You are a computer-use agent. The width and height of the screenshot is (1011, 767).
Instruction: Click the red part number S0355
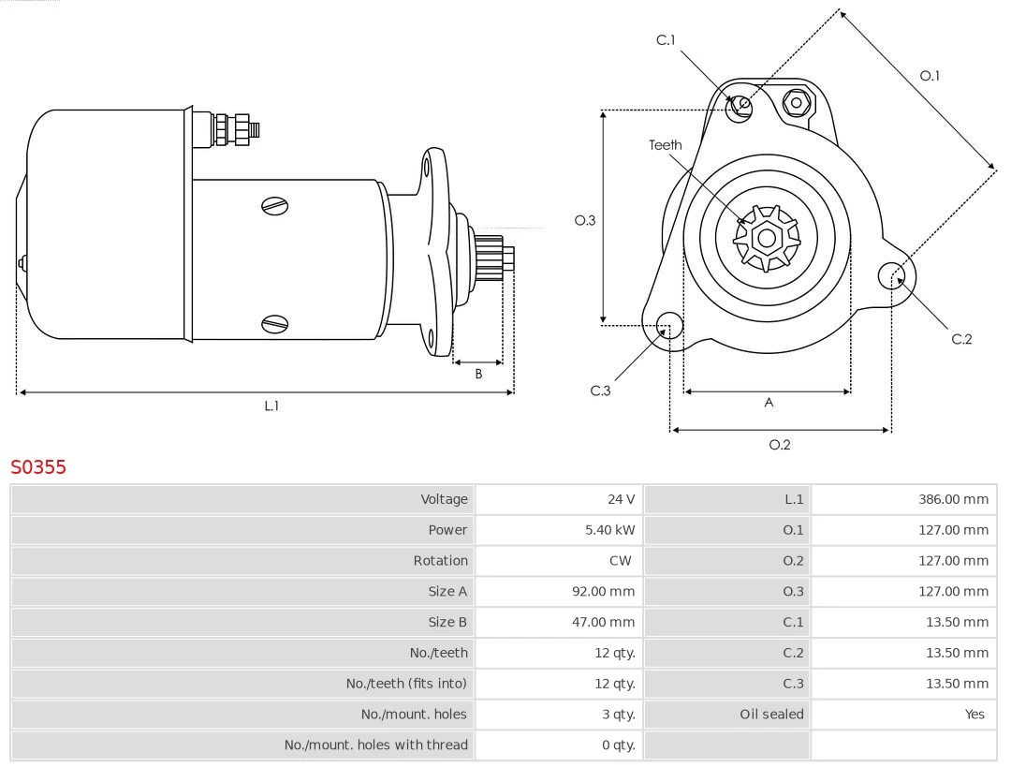pyautogui.click(x=38, y=466)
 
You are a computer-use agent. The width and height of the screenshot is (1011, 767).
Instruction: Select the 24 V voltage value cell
pyautogui.click(x=620, y=499)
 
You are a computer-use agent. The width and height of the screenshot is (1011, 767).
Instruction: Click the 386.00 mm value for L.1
pyautogui.click(x=952, y=499)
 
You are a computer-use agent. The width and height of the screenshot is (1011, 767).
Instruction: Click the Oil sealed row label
pyautogui.click(x=771, y=714)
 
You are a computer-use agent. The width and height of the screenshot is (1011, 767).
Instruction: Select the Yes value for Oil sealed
pyautogui.click(x=974, y=714)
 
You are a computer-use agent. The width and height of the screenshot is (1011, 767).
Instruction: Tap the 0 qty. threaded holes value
pyautogui.click(x=618, y=745)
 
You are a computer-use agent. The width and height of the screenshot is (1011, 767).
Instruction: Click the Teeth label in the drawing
pyautogui.click(x=666, y=145)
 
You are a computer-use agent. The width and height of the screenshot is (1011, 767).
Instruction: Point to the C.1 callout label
pyautogui.click(x=666, y=39)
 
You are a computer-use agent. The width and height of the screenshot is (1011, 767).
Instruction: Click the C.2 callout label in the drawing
pyautogui.click(x=961, y=339)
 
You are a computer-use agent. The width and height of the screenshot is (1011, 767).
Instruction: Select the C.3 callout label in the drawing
pyautogui.click(x=600, y=391)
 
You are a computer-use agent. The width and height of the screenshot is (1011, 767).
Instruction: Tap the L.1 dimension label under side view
pyautogui.click(x=271, y=406)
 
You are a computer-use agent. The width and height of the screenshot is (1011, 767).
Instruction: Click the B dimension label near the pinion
pyautogui.click(x=478, y=374)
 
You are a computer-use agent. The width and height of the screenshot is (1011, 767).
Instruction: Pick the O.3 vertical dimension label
pyautogui.click(x=585, y=220)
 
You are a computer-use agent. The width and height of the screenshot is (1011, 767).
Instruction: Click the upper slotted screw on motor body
pyautogui.click(x=275, y=205)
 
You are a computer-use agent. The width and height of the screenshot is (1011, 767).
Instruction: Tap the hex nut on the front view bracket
pyautogui.click(x=796, y=102)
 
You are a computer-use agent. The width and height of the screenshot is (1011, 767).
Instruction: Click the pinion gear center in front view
pyautogui.click(x=767, y=238)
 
